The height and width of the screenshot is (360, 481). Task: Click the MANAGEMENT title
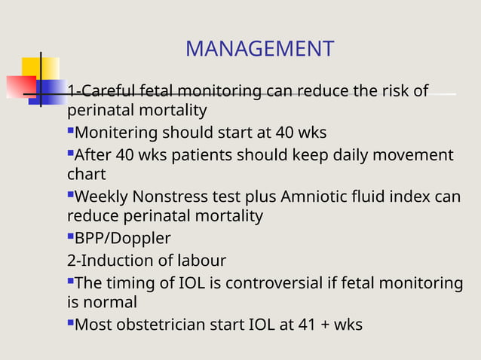259,50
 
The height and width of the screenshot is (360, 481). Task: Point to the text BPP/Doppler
123,239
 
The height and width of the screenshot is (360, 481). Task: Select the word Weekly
102,197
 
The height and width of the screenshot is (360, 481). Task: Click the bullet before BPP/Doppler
71,237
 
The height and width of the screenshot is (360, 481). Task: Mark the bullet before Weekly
71,195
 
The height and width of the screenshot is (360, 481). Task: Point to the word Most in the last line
93,325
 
